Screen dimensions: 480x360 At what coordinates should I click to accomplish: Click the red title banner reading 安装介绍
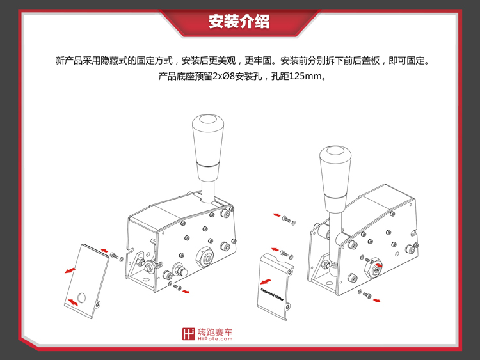pos(239,21)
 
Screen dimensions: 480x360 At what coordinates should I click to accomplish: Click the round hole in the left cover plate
pos(81,298)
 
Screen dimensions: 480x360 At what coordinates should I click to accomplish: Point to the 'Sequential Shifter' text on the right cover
pos(273,291)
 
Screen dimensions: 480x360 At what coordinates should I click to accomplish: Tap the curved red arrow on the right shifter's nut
pos(378,264)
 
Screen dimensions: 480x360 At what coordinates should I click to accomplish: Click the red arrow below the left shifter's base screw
pos(187,293)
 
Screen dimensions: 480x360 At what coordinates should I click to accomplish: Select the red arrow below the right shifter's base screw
pos(376,299)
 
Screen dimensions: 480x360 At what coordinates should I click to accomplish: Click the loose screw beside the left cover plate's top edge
pos(114,256)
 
